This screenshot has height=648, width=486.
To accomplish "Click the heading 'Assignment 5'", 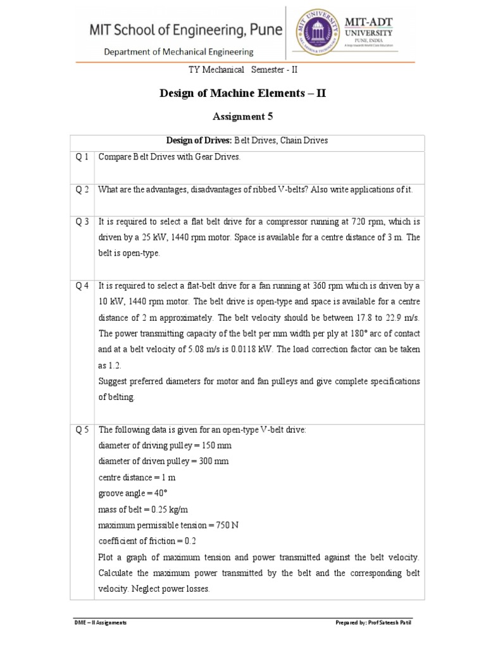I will [x=243, y=116].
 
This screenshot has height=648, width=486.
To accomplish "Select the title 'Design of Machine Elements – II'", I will [x=243, y=94].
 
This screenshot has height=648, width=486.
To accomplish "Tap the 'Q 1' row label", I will [x=82, y=157].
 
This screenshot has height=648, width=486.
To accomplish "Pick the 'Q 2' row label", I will [x=82, y=190].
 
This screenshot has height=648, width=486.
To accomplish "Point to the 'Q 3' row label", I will [x=82, y=222].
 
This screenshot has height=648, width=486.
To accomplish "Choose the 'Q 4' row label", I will [x=82, y=285].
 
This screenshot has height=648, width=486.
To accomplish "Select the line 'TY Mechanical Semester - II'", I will [x=243, y=70].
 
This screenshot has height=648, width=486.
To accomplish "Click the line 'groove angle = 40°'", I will [x=134, y=494].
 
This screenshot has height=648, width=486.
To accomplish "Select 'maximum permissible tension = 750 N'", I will [x=167, y=525].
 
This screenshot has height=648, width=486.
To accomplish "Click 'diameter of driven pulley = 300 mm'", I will [x=164, y=461].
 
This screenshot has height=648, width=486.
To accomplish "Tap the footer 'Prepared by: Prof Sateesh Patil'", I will [x=377, y=623].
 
